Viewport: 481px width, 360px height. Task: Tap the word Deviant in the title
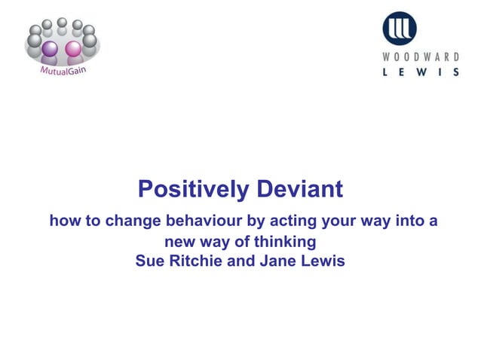click(x=299, y=189)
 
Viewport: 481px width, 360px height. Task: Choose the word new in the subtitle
click(x=180, y=243)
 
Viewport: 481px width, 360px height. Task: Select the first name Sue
click(x=149, y=262)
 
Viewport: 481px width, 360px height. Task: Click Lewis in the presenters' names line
click(x=323, y=262)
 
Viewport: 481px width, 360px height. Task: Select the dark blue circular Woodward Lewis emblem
click(x=399, y=28)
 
